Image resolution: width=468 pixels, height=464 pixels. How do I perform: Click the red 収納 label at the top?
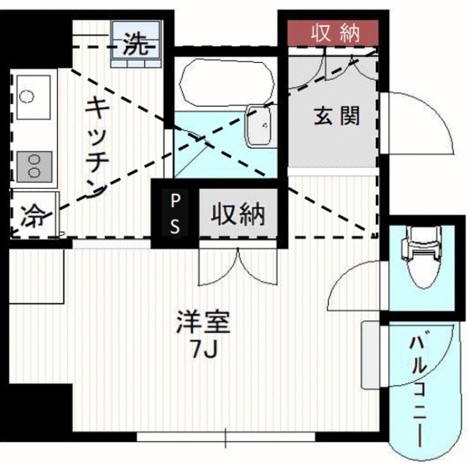[333, 31]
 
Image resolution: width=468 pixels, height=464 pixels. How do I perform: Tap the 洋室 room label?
[203, 321]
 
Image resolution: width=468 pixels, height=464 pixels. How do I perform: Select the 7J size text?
[202, 351]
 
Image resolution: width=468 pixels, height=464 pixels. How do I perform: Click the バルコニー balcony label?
[420, 388]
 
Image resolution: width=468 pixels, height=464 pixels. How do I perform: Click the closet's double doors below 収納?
[238, 268]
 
